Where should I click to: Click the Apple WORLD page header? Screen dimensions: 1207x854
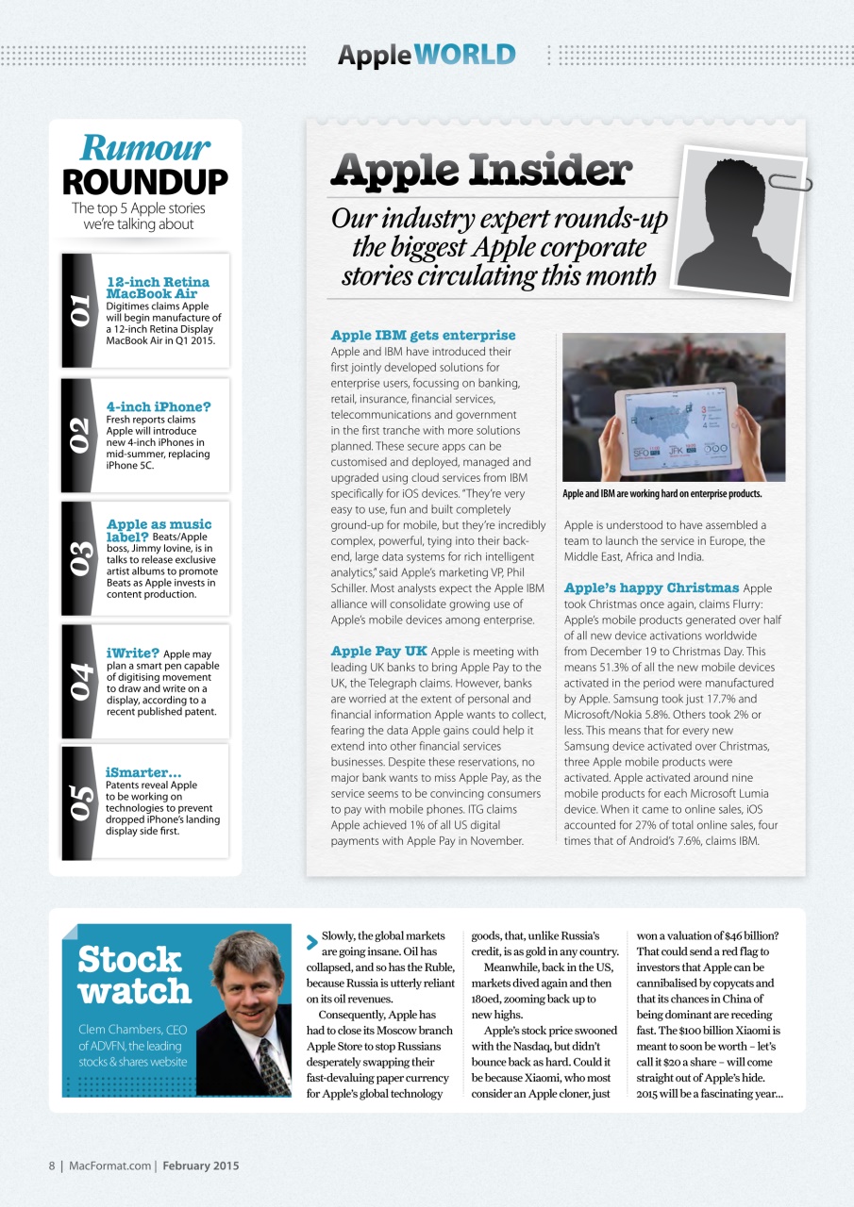click(427, 55)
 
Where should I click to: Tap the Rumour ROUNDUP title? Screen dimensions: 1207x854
click(144, 165)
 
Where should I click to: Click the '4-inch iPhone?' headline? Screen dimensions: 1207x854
click(159, 407)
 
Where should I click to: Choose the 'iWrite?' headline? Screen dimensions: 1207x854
click(132, 653)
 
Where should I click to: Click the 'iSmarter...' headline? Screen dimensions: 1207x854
click(143, 773)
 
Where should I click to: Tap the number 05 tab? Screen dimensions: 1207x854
click(79, 802)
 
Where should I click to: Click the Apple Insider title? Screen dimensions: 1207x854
click(480, 171)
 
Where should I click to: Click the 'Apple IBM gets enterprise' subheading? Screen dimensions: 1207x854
click(423, 335)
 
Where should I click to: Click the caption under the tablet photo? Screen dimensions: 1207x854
click(661, 493)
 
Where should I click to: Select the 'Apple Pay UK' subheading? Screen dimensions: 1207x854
click(377, 651)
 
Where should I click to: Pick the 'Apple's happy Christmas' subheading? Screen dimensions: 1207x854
click(651, 587)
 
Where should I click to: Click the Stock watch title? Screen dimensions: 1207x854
click(133, 975)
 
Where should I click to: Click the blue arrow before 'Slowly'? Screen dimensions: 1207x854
click(312, 941)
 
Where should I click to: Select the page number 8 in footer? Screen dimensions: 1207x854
click(53, 1166)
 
